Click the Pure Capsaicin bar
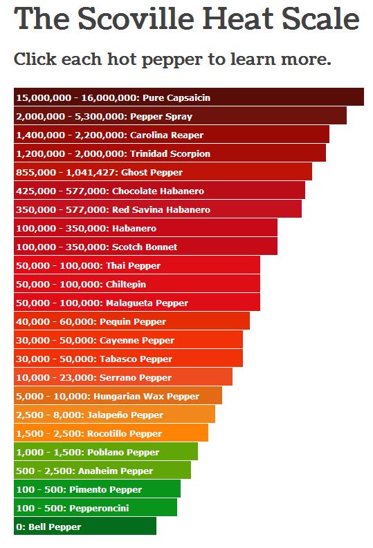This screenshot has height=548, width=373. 189,97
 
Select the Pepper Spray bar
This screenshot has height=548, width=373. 180,115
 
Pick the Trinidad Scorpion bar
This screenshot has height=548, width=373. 170,153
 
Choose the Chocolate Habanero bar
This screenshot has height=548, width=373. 159,190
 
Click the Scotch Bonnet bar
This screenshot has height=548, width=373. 145,246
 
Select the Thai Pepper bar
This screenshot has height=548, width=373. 137,265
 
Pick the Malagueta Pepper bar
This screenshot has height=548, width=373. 137,302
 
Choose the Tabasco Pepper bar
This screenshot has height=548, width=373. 129,358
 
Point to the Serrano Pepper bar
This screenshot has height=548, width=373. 123,377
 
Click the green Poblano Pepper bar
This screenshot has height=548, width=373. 106,451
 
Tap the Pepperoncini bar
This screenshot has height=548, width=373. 95,507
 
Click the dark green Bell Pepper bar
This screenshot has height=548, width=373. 85,526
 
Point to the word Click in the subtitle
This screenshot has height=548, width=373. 35,59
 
